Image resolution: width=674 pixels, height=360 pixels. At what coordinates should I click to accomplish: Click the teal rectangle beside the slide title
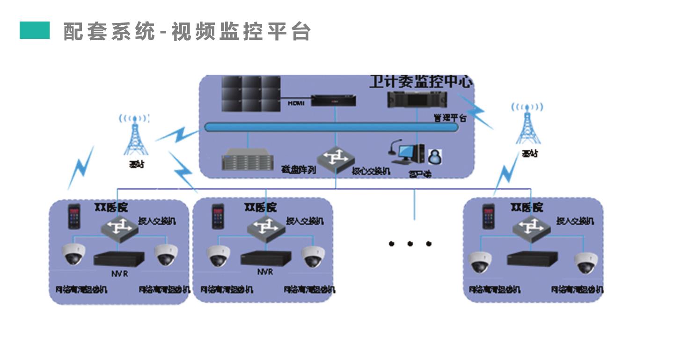[35, 30]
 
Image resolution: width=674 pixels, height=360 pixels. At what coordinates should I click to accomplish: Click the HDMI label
[296, 103]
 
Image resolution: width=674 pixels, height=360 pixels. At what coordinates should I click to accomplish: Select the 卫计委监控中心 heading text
[421, 81]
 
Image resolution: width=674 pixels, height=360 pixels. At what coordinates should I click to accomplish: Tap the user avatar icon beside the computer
[435, 157]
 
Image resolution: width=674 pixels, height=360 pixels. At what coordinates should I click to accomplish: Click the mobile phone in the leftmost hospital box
[74, 216]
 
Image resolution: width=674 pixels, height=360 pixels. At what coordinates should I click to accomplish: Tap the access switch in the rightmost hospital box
[530, 227]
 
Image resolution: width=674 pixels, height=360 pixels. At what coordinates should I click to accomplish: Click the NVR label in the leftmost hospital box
[119, 273]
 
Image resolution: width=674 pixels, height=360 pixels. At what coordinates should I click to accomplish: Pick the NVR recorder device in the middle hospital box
[265, 258]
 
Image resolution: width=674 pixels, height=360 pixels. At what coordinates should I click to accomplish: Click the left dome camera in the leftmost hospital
[73, 254]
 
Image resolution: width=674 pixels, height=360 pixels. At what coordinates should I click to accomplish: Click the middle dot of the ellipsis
[410, 244]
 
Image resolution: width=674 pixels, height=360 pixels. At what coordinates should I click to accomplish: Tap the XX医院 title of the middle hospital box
[261, 206]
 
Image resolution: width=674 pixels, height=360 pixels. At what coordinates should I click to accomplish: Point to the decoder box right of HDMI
[335, 100]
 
